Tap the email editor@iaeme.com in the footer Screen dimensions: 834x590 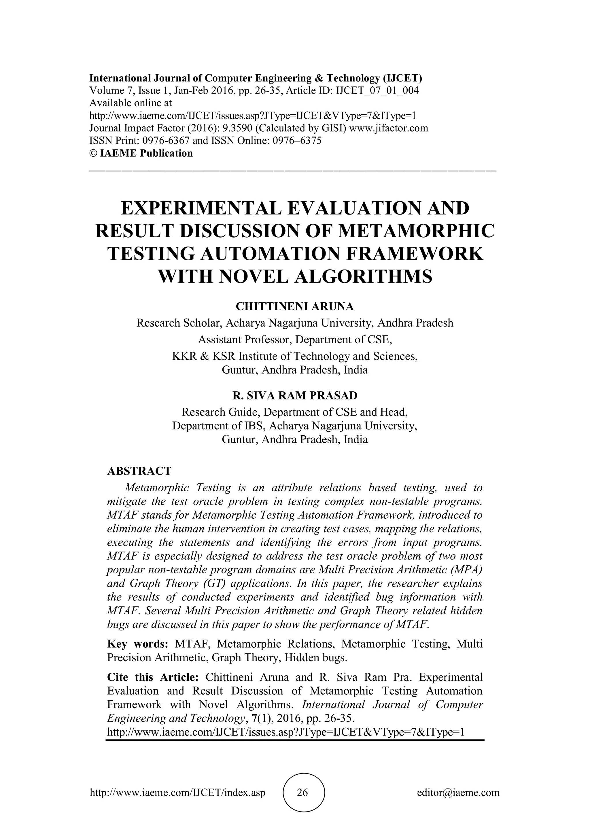[458, 792]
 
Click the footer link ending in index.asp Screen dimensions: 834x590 [177, 792]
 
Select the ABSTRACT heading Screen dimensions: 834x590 [139, 471]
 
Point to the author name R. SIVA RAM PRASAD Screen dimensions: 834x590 [295, 395]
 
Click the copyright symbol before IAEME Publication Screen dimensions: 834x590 [93, 153]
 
